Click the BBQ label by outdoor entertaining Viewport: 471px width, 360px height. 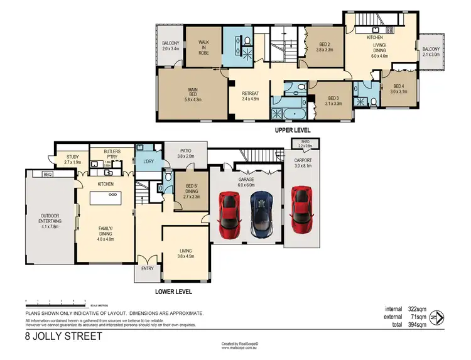coord(47,174)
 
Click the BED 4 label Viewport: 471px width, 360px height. coord(399,88)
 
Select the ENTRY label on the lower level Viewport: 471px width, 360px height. coord(147,268)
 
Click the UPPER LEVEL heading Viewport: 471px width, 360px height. coord(293,130)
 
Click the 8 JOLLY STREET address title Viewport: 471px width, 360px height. coord(63,336)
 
